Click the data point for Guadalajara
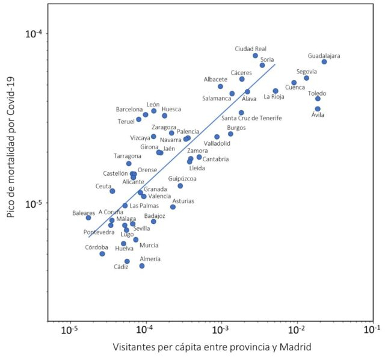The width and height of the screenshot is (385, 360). pyautogui.click(x=324, y=62)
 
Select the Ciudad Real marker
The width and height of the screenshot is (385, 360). pyautogui.click(x=255, y=55)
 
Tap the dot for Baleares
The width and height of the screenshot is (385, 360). pyautogui.click(x=88, y=217)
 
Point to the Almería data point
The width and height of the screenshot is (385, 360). pyautogui.click(x=142, y=265)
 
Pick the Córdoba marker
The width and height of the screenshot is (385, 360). pyautogui.click(x=102, y=253)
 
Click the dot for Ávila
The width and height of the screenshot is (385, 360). pyautogui.click(x=318, y=109)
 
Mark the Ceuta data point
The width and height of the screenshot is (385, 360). pyautogui.click(x=112, y=191)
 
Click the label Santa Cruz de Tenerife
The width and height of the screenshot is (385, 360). pyautogui.click(x=251, y=118)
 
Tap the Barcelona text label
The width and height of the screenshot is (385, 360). pyautogui.click(x=129, y=110)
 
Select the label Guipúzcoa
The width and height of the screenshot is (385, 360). pyautogui.click(x=182, y=178)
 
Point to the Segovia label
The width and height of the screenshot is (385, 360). pyautogui.click(x=307, y=72)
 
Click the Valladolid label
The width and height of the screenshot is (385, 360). pyautogui.click(x=217, y=143)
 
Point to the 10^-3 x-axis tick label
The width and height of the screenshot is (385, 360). pyautogui.click(x=221, y=331)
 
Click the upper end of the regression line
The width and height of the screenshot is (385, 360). pyautogui.click(x=275, y=64)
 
